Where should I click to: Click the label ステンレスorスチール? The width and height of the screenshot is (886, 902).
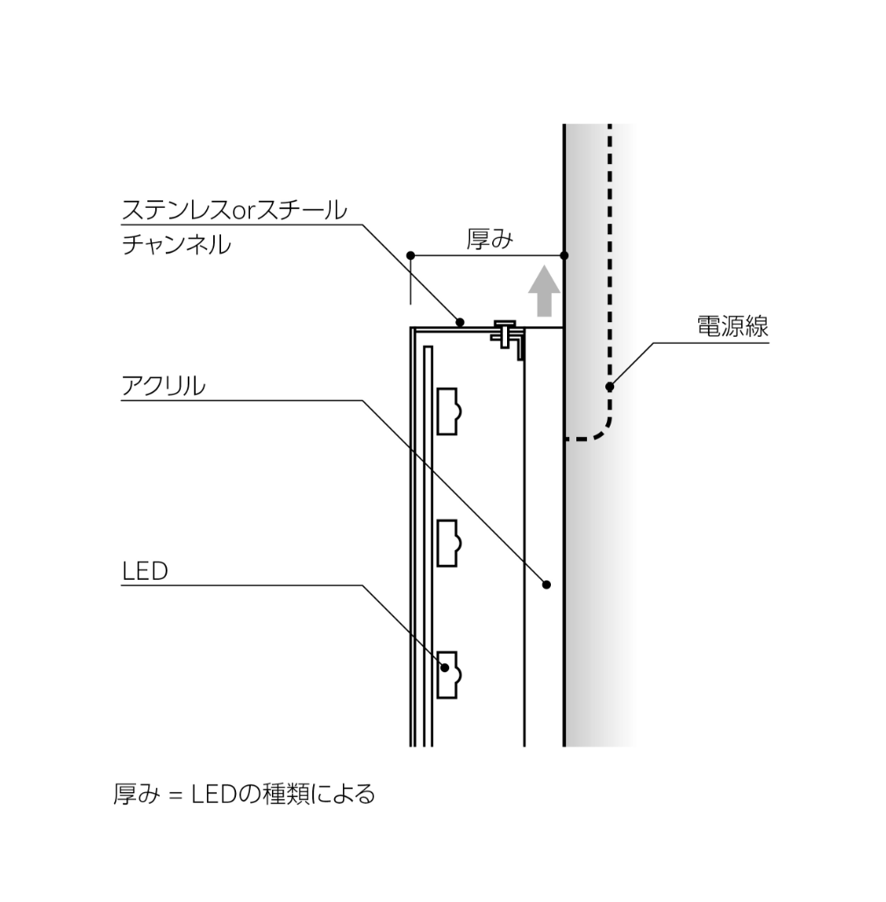(234, 211)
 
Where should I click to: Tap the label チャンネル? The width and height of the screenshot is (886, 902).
(176, 245)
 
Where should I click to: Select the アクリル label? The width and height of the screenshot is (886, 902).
(163, 386)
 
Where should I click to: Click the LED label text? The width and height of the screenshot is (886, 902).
(145, 571)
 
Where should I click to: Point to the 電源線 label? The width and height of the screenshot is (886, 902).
(732, 326)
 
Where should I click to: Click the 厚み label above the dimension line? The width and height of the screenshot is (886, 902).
(489, 239)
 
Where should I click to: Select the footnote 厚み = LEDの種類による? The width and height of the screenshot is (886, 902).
(245, 794)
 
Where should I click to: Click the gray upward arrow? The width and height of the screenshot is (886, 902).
(544, 290)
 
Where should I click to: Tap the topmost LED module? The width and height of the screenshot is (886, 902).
(449, 412)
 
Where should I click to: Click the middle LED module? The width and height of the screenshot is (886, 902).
(449, 543)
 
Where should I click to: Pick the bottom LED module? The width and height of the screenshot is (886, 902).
(449, 675)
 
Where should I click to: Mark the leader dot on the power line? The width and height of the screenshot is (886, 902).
(610, 387)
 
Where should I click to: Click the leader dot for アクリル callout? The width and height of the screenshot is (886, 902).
(547, 584)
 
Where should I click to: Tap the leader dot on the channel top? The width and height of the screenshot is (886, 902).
(460, 322)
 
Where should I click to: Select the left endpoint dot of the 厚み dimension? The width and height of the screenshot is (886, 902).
(410, 255)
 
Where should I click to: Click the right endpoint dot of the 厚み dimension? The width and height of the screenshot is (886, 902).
(564, 255)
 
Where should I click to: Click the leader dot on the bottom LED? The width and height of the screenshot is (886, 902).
(445, 668)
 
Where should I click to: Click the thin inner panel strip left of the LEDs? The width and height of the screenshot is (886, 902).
(428, 547)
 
